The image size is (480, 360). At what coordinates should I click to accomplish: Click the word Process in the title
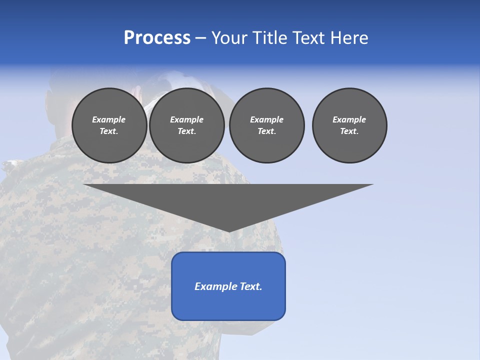click(157, 38)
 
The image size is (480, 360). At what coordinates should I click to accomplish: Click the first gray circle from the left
click(109, 125)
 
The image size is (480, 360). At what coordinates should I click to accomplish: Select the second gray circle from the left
click(187, 125)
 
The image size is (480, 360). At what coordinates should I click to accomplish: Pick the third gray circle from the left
click(266, 125)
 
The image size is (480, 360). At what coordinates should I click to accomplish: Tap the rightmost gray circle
click(349, 125)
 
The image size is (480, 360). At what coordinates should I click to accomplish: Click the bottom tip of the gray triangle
click(228, 231)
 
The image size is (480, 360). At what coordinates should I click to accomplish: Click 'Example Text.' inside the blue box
click(228, 286)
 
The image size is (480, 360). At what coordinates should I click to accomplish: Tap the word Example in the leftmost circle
click(109, 119)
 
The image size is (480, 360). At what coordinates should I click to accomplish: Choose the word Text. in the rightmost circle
click(349, 131)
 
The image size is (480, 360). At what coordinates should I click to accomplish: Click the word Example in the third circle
click(266, 119)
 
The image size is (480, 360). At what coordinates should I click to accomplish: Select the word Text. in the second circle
click(187, 131)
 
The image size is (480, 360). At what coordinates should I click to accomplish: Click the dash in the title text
click(200, 38)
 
